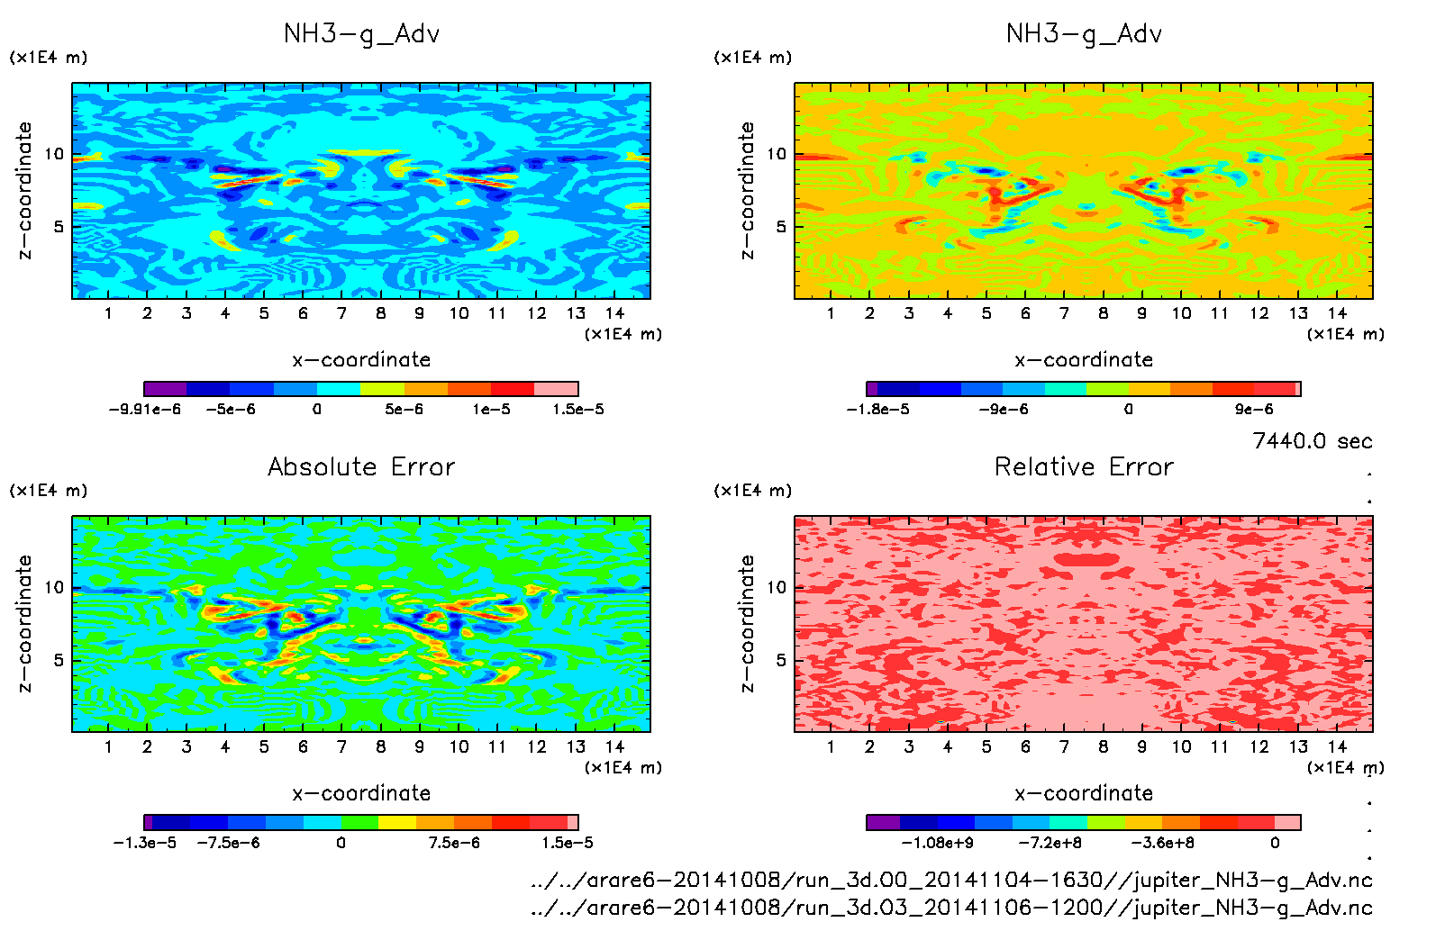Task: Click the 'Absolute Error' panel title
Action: (x=361, y=466)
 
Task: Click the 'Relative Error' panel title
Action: (x=1084, y=466)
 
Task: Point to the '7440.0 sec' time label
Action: (x=1312, y=441)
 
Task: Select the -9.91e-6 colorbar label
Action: (x=144, y=410)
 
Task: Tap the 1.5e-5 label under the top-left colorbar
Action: (x=577, y=410)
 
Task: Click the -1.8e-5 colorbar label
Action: (x=877, y=410)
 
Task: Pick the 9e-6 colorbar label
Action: (x=1253, y=410)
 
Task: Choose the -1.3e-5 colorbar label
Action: (x=144, y=843)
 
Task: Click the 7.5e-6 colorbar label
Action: (x=454, y=843)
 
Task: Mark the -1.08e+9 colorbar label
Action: (x=937, y=843)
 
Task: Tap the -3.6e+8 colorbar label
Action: (x=1162, y=843)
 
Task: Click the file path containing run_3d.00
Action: (x=951, y=880)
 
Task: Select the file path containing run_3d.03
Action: (x=951, y=908)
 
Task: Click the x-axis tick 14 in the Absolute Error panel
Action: (x=614, y=746)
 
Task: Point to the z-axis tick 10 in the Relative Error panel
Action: (x=777, y=587)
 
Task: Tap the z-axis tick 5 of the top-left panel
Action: (x=59, y=226)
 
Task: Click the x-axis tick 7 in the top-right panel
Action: (x=1064, y=313)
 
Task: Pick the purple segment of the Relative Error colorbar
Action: (x=884, y=822)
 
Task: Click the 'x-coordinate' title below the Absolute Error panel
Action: (x=361, y=793)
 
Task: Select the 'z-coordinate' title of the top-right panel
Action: (x=747, y=191)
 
